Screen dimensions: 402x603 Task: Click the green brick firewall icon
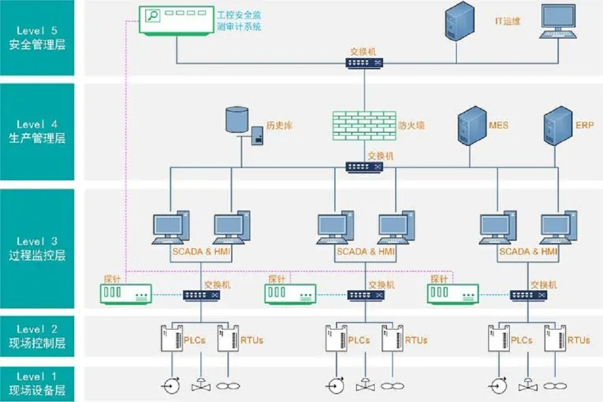point(364,125)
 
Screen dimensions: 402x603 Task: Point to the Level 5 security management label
point(37,38)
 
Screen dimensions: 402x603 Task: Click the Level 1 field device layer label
point(37,384)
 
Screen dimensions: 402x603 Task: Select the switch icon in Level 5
point(364,63)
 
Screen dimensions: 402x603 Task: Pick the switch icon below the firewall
point(364,166)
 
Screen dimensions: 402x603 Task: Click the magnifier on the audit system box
point(152,16)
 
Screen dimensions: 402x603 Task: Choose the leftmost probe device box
point(126,294)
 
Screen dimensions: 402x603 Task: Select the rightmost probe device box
point(452,294)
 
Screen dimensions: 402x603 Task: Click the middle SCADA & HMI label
point(365,252)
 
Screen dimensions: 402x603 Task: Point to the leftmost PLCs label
point(194,340)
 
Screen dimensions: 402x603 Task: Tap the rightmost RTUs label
point(579,340)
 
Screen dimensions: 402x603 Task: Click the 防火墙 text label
point(411,126)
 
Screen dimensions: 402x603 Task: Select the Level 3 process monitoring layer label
point(37,249)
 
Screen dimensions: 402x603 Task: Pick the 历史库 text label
point(280,126)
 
